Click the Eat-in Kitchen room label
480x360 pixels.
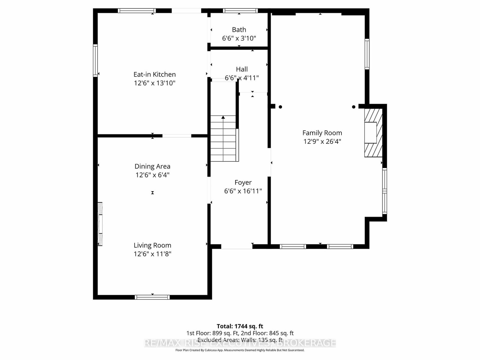154,74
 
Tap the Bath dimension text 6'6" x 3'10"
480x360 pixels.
239,38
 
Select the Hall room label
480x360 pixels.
241,69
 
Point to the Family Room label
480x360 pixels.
322,133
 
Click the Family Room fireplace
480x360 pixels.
373,133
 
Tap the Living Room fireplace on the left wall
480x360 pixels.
100,224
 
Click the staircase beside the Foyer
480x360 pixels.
223,139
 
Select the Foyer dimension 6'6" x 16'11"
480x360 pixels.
243,191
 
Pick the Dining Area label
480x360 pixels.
152,166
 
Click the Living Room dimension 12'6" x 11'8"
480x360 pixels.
152,254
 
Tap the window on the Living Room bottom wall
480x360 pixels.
152,297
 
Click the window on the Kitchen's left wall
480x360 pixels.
95,61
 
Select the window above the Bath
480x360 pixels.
240,10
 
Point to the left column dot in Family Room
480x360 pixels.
280,107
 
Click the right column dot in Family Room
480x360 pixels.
354,107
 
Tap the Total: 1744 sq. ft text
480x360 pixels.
240,326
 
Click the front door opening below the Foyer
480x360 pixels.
237,247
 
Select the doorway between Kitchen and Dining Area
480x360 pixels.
177,136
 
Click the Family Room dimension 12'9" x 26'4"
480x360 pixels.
322,141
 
